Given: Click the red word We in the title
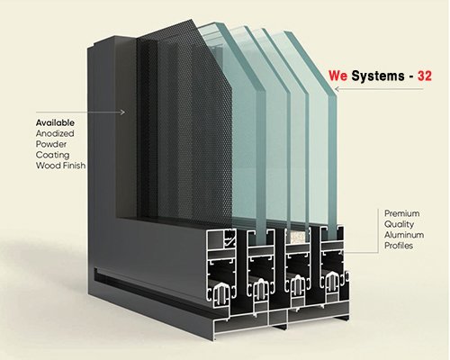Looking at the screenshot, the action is tap(337, 76).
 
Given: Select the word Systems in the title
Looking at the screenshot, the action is tap(378, 76).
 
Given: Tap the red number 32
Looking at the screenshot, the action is tap(425, 76).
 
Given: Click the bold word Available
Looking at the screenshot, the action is tap(55, 122).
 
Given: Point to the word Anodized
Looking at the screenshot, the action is tap(55, 133).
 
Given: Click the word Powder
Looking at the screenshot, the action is tap(51, 144).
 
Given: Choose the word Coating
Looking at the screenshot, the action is tap(52, 155).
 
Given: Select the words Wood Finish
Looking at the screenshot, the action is tap(60, 166).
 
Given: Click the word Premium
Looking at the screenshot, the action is tap(402, 213).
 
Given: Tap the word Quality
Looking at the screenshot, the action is tap(399, 224).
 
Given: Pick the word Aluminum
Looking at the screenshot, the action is tap(404, 235).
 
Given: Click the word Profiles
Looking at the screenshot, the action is tap(399, 246).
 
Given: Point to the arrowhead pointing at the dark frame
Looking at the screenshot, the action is tap(122, 112).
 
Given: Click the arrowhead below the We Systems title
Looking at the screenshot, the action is tap(337, 89).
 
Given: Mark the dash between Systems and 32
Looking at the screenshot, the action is tap(411, 77).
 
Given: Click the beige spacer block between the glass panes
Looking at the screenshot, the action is tap(297, 235).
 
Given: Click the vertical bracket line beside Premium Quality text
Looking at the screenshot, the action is tap(379, 230).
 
